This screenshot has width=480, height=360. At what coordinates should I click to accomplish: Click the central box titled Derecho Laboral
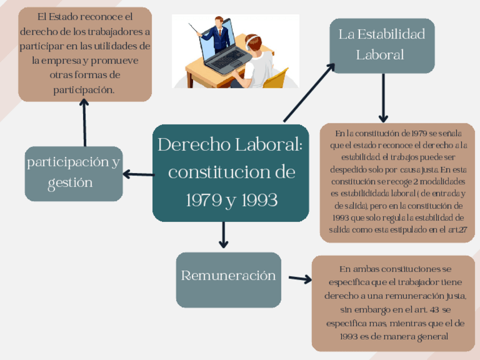230,173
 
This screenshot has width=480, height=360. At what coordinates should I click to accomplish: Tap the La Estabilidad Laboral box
382,45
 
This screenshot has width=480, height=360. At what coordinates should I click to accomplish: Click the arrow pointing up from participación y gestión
84,122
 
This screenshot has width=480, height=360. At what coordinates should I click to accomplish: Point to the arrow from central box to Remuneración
224,234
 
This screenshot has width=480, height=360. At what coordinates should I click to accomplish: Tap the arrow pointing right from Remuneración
300,278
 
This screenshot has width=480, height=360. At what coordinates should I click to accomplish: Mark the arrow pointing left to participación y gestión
138,174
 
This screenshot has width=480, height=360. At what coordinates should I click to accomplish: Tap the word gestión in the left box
70,183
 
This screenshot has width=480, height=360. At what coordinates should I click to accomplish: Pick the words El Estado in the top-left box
56,17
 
